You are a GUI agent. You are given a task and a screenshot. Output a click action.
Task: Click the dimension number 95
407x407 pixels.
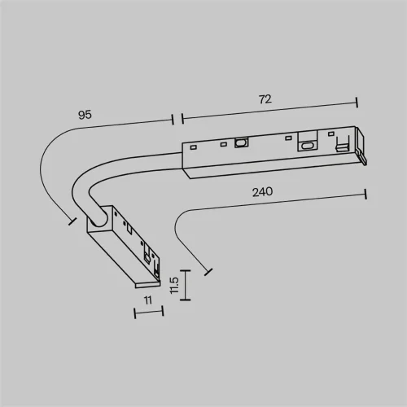tap(85, 115)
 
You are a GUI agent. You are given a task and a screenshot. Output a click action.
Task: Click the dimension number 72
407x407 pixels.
tap(265, 98)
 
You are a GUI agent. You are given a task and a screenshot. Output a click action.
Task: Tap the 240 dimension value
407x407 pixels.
tap(262, 192)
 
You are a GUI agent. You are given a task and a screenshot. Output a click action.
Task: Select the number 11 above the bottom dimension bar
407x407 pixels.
tap(148, 300)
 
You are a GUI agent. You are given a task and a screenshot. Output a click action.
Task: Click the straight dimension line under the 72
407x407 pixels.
tap(269, 110)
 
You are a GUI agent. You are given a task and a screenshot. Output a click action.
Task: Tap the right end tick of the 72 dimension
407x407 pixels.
tap(357, 103)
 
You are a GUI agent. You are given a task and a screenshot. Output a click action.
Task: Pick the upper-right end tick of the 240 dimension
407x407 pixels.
tap(365, 195)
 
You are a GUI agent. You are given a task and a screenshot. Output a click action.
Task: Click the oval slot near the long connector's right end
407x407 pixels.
tap(307, 146)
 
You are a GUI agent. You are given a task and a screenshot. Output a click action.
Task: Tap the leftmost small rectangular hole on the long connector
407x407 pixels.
tap(192, 147)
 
